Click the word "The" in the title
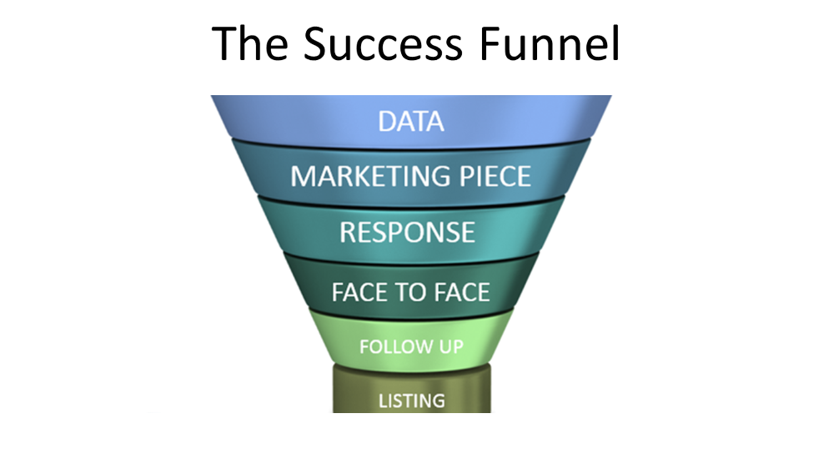click(x=250, y=43)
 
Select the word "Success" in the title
click(x=384, y=43)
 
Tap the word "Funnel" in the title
click(x=550, y=43)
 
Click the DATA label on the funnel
click(x=410, y=121)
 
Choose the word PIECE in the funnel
click(x=495, y=176)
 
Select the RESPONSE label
click(x=408, y=233)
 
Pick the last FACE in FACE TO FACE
click(x=462, y=292)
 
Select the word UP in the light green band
click(x=451, y=347)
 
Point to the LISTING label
click(x=412, y=401)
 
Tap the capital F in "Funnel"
click(x=490, y=43)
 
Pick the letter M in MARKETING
click(x=304, y=176)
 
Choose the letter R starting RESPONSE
click(x=349, y=233)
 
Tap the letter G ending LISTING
click(x=439, y=401)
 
